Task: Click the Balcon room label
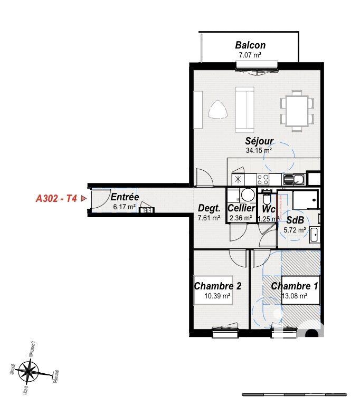pyautogui.click(x=250, y=45)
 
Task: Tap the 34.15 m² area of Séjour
pyautogui.click(x=259, y=150)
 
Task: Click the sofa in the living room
pyautogui.click(x=244, y=110)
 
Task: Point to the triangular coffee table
pyautogui.click(x=217, y=110)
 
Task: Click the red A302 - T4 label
pyautogui.click(x=56, y=199)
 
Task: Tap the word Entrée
pyautogui.click(x=125, y=197)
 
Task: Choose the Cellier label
pyautogui.click(x=241, y=208)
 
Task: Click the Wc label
pyautogui.click(x=269, y=208)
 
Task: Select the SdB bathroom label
pyautogui.click(x=295, y=219)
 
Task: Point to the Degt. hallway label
pyautogui.click(x=209, y=208)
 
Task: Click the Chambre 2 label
pyautogui.click(x=218, y=286)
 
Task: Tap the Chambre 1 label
pyautogui.click(x=295, y=286)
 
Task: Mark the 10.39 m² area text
pyautogui.click(x=217, y=296)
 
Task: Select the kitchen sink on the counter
pyautogui.click(x=293, y=179)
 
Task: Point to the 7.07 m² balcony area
pyautogui.click(x=250, y=54)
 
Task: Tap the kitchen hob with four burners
pyautogui.click(x=262, y=179)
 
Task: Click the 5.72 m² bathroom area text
pyautogui.click(x=295, y=229)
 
